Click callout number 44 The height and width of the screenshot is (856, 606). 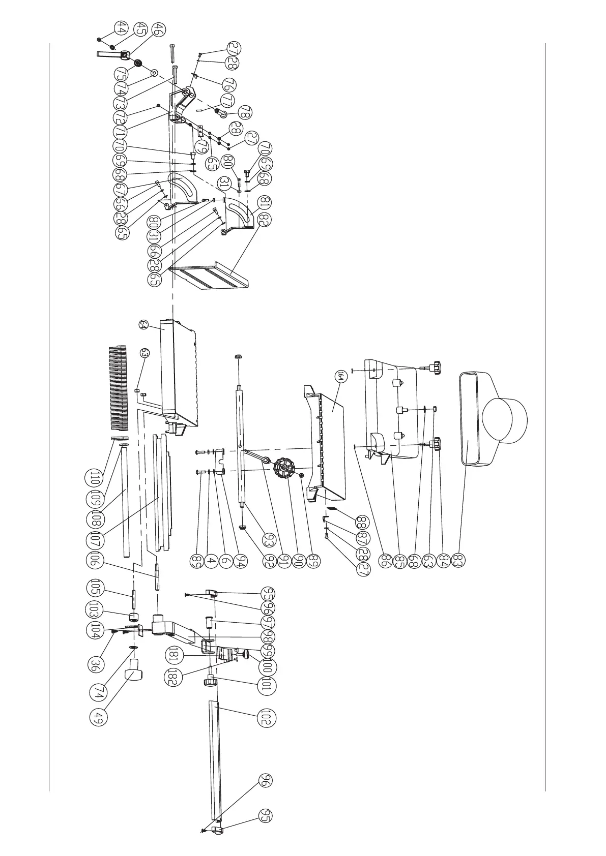(x=121, y=28)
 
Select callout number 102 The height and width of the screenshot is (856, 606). (x=268, y=717)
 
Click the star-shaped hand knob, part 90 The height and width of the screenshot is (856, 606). (x=283, y=467)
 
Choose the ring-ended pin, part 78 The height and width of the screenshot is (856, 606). (x=221, y=112)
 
